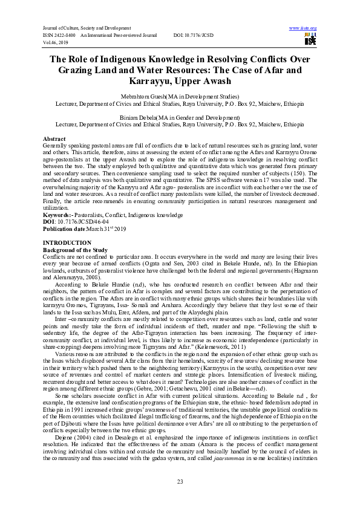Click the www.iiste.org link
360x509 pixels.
tap(303, 28)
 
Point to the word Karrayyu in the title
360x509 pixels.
tap(179, 80)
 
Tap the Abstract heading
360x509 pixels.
tap(55, 139)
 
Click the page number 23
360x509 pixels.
tap(180, 481)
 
